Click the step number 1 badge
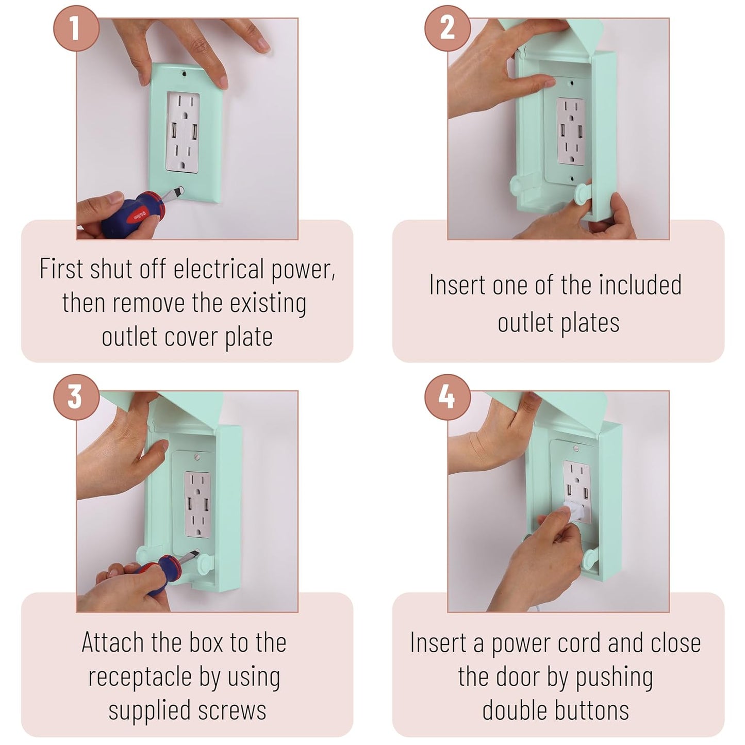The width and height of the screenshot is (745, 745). tap(77, 28)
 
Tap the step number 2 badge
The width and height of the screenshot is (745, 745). tap(448, 28)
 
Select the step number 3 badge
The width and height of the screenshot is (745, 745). tap(77, 397)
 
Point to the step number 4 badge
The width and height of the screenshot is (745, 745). tap(448, 397)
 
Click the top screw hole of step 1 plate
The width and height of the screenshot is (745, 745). tap(184, 73)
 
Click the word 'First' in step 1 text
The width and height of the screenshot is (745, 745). tap(61, 269)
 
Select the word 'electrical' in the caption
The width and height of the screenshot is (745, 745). tap(219, 269)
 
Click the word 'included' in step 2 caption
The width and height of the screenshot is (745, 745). tap(640, 285)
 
